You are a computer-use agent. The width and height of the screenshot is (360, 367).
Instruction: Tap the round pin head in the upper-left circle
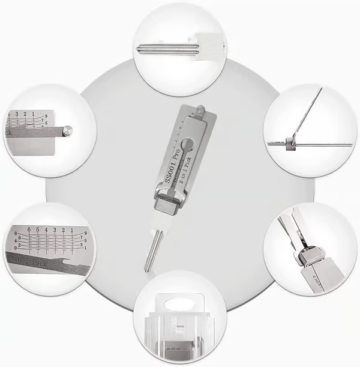(68, 129)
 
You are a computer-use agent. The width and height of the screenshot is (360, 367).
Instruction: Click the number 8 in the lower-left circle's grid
(7, 232)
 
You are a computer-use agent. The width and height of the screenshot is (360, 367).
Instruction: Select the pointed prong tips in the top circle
(142, 49)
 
